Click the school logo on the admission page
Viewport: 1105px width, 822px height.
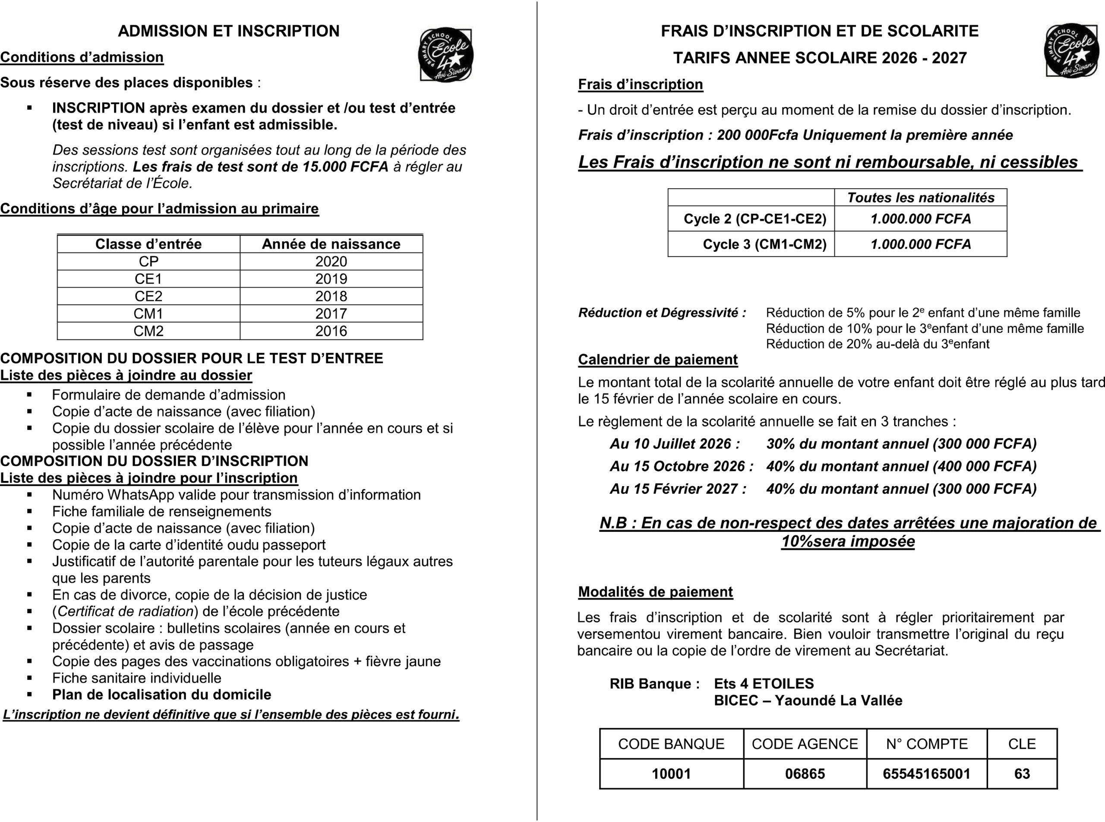(x=445, y=55)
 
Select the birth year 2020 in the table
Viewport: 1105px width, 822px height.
(x=331, y=262)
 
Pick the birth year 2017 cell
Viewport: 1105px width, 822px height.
(x=331, y=314)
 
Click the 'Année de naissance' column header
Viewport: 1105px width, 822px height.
(x=331, y=244)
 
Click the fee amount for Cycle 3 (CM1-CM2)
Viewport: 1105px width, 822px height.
(x=920, y=244)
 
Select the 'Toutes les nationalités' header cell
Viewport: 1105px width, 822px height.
(x=920, y=198)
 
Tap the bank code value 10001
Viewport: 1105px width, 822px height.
(x=671, y=774)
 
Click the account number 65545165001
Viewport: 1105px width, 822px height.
(x=926, y=774)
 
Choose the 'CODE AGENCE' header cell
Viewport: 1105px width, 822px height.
(x=805, y=744)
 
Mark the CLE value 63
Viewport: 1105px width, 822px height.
(x=1022, y=774)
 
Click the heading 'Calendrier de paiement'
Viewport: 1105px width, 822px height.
(x=657, y=360)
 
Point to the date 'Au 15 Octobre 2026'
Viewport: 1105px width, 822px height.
(x=681, y=466)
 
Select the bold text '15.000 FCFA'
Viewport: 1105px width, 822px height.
(x=345, y=167)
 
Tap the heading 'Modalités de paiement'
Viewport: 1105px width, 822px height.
(x=655, y=592)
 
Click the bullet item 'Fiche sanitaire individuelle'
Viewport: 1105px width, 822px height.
(x=137, y=678)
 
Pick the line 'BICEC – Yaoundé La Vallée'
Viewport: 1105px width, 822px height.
(x=808, y=701)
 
